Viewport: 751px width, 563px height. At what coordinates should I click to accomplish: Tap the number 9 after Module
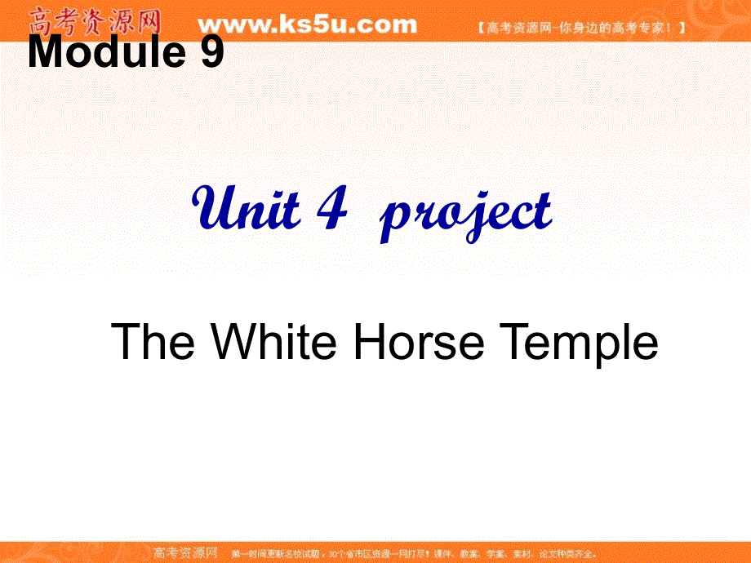point(210,54)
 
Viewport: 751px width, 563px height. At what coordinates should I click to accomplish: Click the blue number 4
point(331,210)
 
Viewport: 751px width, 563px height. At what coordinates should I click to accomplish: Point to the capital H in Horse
point(368,341)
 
